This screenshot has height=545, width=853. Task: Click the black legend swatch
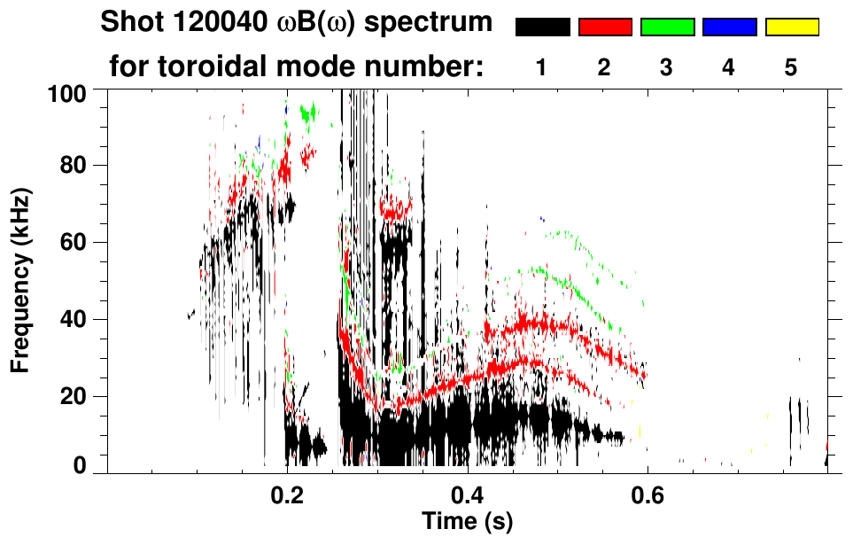(x=543, y=27)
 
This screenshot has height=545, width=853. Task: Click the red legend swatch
(x=605, y=27)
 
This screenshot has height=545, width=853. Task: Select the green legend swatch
(x=667, y=27)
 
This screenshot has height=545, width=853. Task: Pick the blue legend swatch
(x=729, y=27)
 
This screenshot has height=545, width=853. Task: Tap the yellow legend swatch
(x=792, y=27)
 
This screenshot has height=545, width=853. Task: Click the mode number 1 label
(x=541, y=68)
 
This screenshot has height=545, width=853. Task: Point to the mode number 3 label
(x=666, y=68)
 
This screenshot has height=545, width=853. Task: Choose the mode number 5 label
(x=791, y=68)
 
